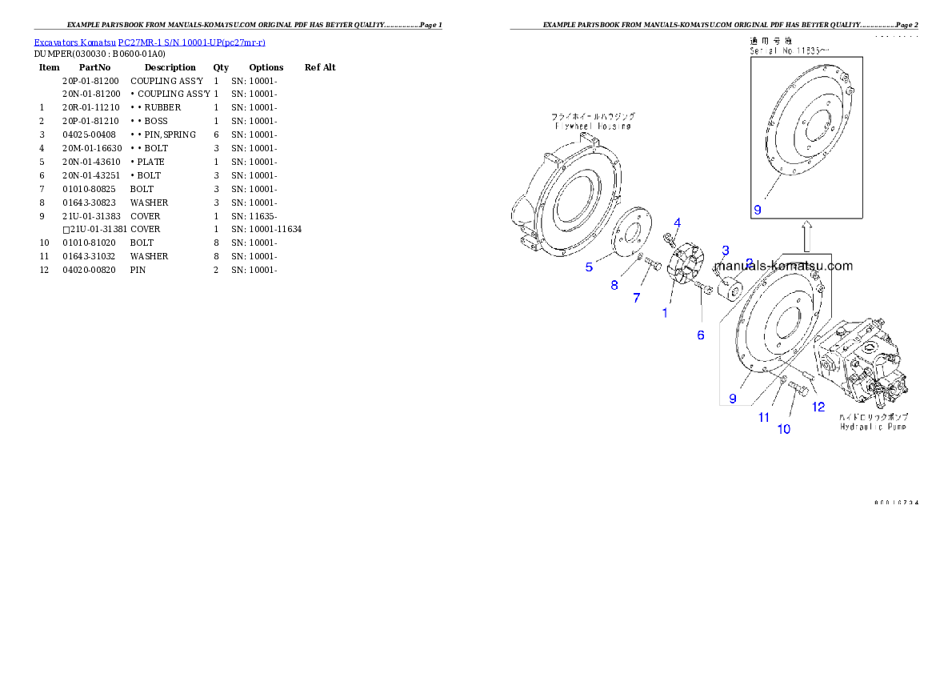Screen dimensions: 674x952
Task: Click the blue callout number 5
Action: click(589, 267)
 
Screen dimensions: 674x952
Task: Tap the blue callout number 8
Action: click(614, 284)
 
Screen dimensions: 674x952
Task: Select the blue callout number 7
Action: click(637, 298)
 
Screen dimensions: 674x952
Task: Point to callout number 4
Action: click(677, 223)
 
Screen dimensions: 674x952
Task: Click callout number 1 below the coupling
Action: click(665, 313)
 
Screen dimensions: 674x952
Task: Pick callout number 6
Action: click(701, 335)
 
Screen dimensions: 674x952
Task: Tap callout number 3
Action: click(726, 251)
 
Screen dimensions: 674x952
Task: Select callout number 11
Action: click(764, 417)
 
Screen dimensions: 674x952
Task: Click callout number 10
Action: click(784, 429)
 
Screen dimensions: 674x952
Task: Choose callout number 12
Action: click(818, 407)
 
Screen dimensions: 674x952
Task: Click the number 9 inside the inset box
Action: click(758, 210)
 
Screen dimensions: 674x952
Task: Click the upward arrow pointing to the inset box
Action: click(807, 236)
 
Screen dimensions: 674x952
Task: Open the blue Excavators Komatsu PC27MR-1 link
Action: click(150, 42)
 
